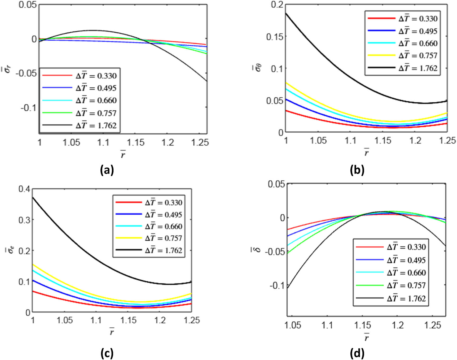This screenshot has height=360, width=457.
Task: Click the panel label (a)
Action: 107,170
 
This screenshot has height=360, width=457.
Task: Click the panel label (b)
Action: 357,170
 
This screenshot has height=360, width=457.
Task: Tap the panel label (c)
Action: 107,353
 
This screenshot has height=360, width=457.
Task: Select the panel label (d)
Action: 357,353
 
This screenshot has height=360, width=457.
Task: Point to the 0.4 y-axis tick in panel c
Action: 24,189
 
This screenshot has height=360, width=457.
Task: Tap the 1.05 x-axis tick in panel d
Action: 292,325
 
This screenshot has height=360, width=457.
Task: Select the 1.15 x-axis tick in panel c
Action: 129,320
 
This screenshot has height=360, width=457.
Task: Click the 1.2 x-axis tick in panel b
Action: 415,140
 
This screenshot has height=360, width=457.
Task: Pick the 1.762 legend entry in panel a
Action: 96,125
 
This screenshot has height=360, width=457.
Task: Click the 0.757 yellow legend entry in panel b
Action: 418,55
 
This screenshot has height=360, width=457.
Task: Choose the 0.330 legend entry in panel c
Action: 163,202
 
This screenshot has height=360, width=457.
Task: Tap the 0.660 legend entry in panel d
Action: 406,272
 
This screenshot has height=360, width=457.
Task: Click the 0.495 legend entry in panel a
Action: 96,88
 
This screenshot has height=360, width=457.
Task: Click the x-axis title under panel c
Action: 112,332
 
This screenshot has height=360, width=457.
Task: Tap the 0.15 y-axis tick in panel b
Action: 275,37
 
